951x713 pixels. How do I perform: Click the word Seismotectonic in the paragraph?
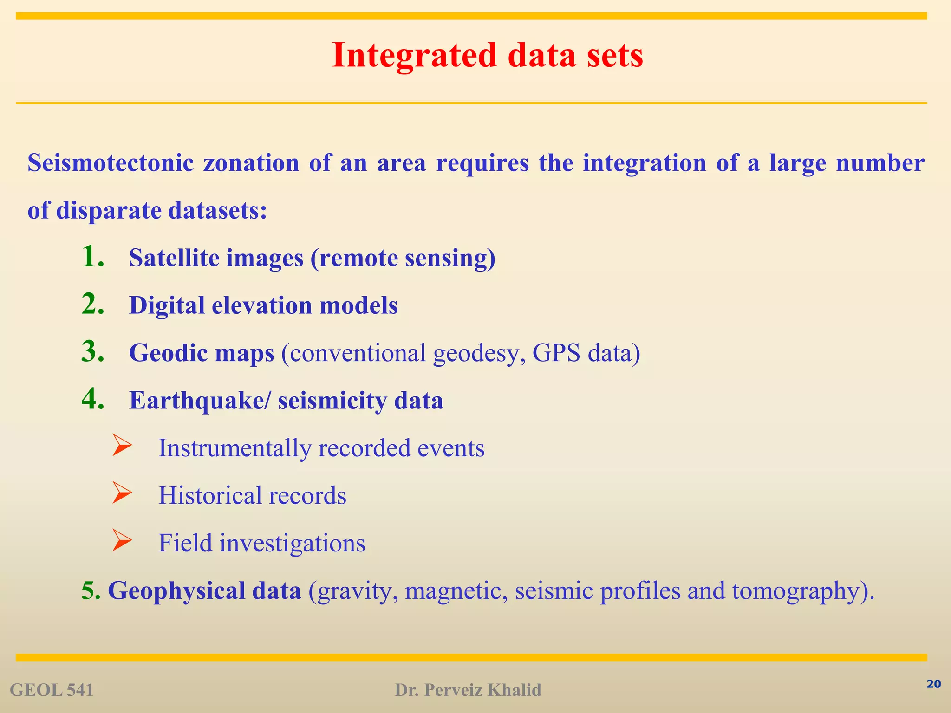click(110, 163)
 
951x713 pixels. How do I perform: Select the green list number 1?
click(92, 257)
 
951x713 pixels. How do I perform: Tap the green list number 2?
click(92, 305)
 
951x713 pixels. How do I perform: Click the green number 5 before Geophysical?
click(88, 590)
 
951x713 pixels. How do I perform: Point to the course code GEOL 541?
click(52, 690)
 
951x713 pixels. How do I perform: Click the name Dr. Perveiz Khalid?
click(468, 690)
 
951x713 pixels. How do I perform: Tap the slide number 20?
click(933, 684)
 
